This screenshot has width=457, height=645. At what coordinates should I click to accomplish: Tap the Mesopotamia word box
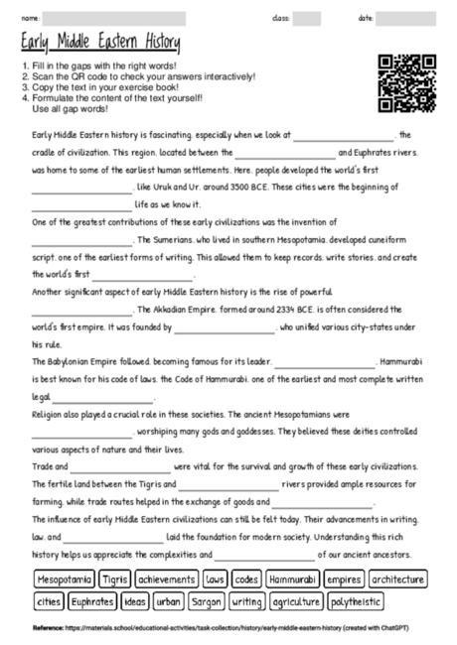click(65, 579)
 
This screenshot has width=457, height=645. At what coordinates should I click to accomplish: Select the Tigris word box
click(115, 579)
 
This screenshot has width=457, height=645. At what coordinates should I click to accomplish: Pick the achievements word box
click(167, 579)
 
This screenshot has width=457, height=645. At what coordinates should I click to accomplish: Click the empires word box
click(344, 579)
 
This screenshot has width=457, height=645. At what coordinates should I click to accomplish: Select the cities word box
click(48, 601)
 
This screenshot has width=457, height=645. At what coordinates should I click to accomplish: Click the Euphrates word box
click(92, 601)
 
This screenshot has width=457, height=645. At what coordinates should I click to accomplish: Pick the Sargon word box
click(206, 601)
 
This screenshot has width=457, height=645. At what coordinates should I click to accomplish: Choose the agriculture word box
click(295, 601)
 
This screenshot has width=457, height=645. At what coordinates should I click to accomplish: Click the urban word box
click(168, 601)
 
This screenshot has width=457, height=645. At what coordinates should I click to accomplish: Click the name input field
click(114, 18)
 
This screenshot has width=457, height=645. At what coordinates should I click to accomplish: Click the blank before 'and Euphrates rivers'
click(285, 152)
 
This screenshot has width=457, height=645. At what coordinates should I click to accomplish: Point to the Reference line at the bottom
click(228, 628)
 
